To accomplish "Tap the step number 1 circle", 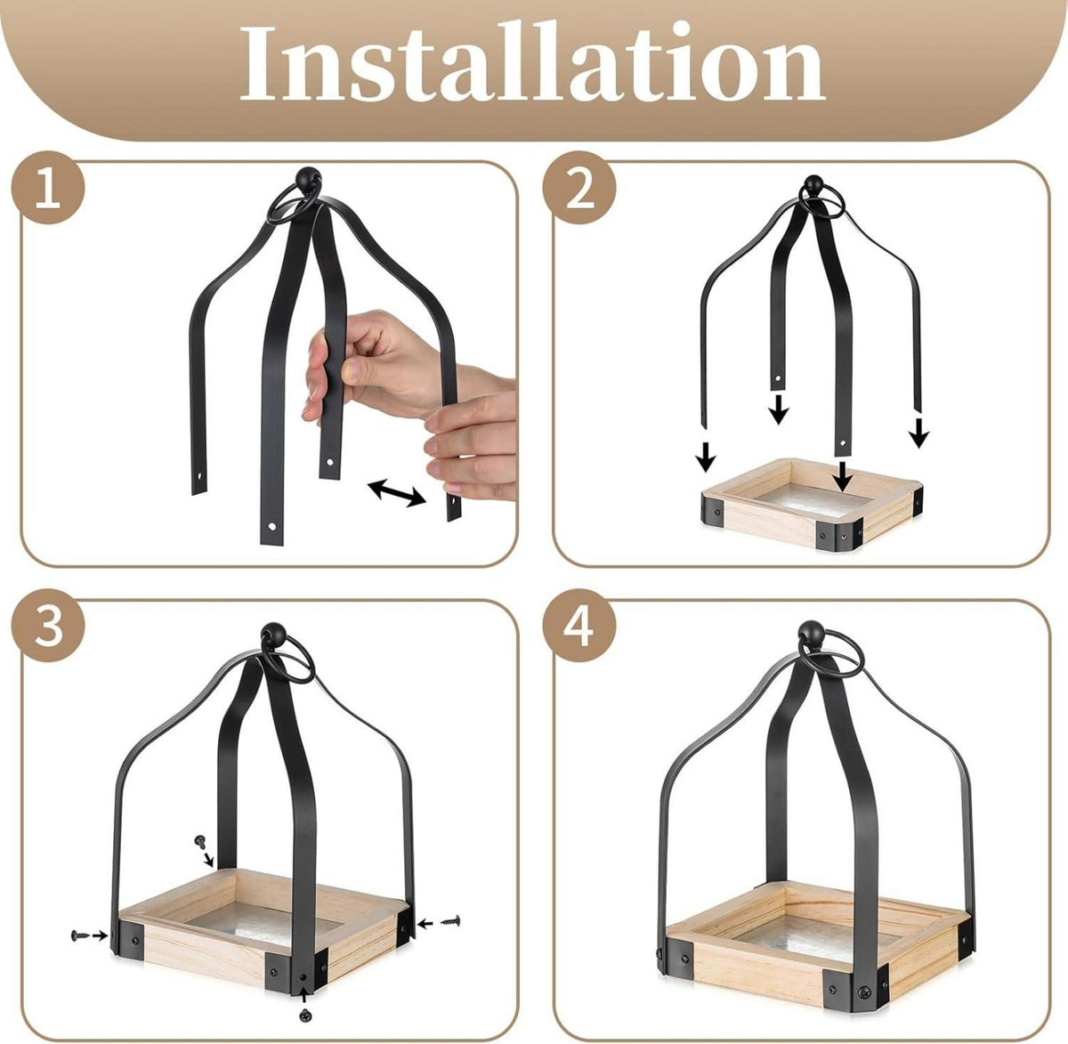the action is pos(48,188).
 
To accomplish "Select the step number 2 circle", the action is pos(579,188).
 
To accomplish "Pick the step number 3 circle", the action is pos(48,626).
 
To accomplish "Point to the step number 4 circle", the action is pos(579,626).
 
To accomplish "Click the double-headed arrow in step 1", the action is pos(397,492).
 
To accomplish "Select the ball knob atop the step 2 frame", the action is pos(813,185).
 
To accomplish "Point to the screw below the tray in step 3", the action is pos(304,999).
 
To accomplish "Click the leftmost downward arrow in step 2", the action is pos(706,457).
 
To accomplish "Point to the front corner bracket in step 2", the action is pos(838,533).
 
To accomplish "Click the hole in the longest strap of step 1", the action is pos(271,526).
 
